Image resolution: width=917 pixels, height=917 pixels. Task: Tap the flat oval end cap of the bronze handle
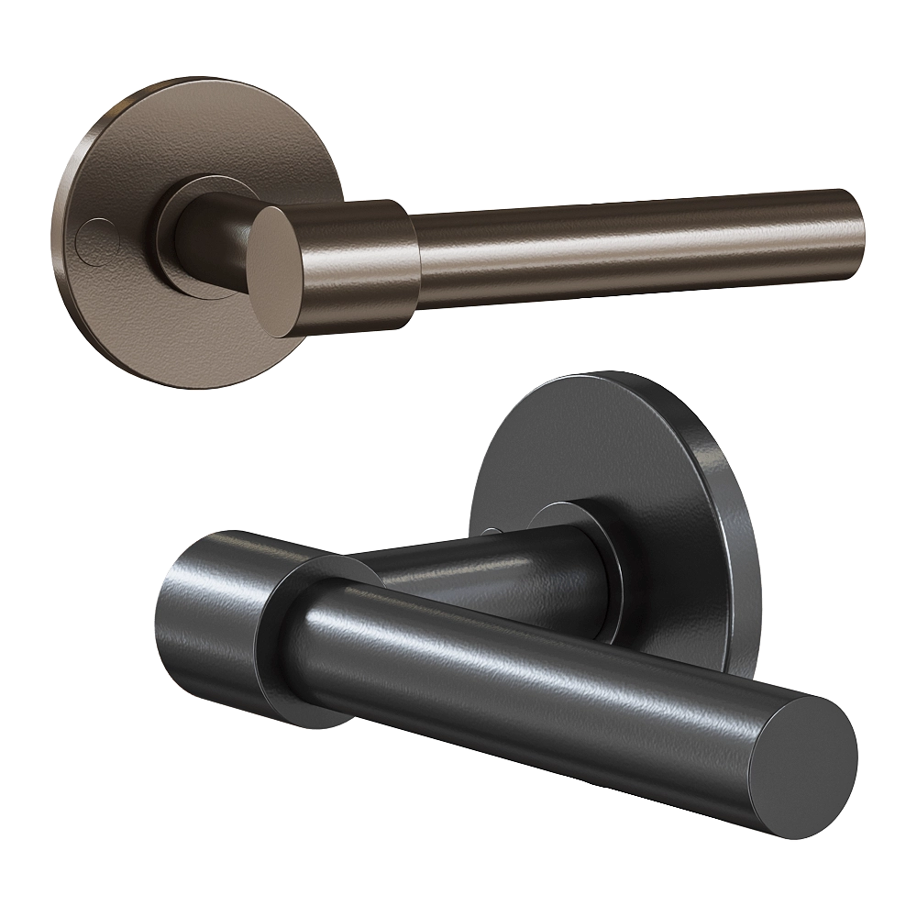point(277,271)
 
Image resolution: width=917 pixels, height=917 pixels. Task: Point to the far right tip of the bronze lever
point(859,231)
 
